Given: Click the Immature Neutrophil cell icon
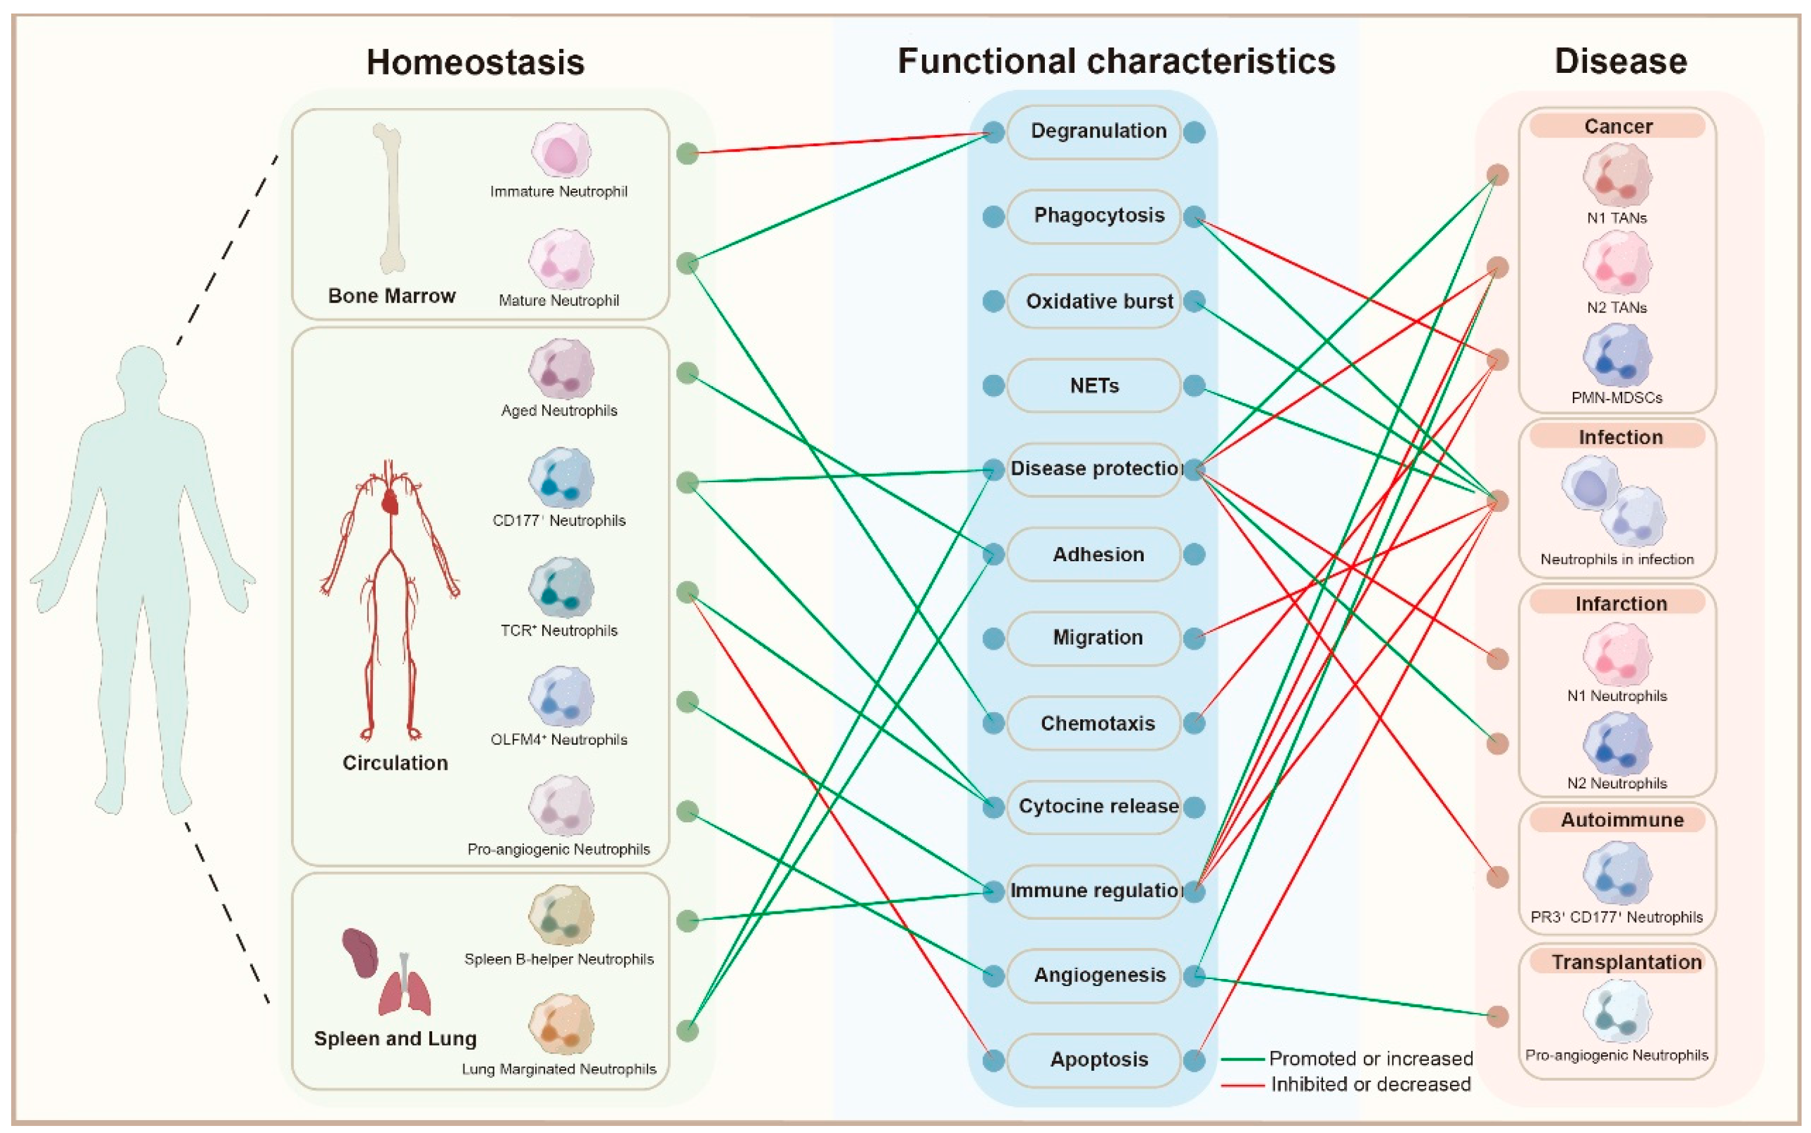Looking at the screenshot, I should click(561, 150).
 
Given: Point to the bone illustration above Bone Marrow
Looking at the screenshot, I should click(390, 199).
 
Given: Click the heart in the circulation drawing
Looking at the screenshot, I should click(390, 501).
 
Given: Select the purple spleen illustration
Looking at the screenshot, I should click(360, 953).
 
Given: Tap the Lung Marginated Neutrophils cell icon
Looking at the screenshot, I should click(561, 1024).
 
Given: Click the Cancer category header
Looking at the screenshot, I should click(1618, 126).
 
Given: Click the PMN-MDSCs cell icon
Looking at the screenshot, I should click(1617, 356).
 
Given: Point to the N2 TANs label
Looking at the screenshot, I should click(1617, 307).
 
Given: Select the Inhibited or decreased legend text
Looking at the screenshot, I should click(1370, 1084).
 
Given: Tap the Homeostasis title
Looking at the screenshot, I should click(475, 62).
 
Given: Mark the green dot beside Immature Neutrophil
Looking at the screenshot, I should click(687, 153).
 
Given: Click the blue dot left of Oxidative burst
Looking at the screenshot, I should click(993, 301).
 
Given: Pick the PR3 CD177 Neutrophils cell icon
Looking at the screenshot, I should click(1617, 873).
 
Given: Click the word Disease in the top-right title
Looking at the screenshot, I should click(1620, 61).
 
